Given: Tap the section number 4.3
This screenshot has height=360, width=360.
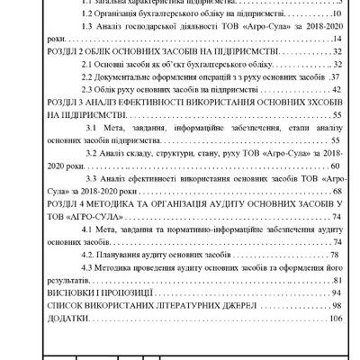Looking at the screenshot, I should click(x=89, y=267).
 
